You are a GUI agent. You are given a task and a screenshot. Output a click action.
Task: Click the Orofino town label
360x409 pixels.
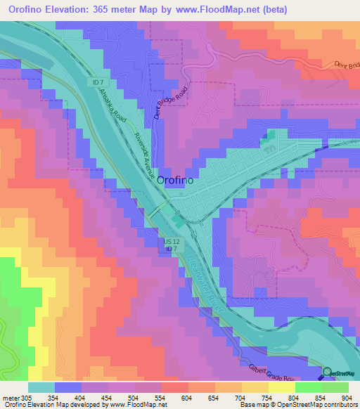click(176, 180)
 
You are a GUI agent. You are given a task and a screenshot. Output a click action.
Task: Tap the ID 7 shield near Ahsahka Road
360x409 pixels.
click(98, 83)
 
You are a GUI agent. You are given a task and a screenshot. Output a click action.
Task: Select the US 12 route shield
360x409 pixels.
click(172, 241)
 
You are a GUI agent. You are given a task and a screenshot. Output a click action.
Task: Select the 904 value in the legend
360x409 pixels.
click(346, 397)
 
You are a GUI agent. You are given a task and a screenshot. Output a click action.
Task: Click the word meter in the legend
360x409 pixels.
click(11, 397)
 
